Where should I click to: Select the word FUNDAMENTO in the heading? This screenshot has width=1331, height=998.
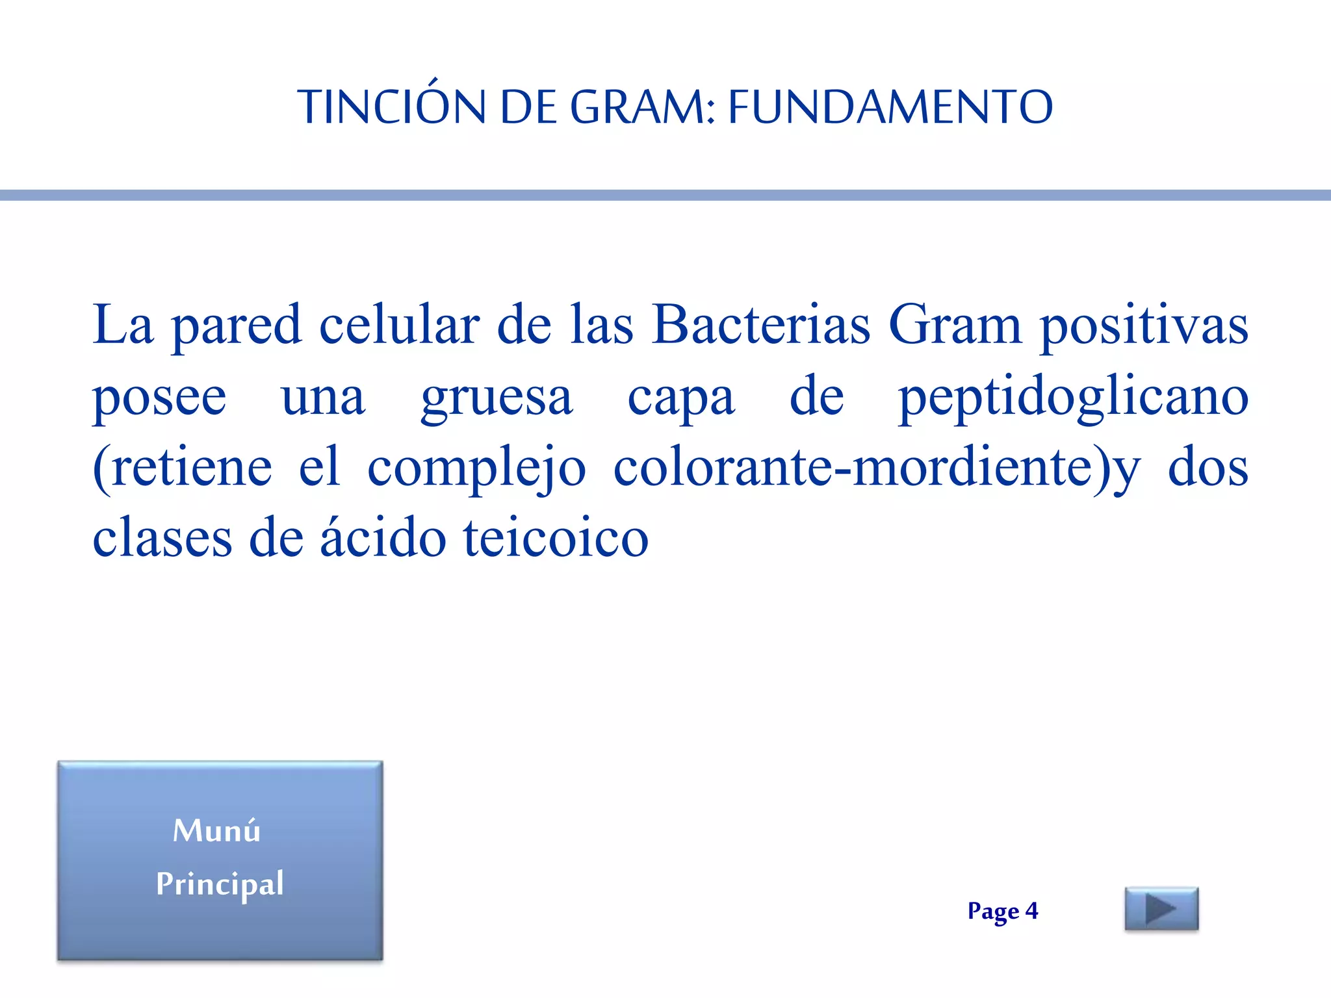click(x=890, y=107)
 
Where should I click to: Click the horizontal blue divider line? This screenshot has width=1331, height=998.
click(x=665, y=195)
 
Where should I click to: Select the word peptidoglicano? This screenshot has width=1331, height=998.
click(x=1072, y=398)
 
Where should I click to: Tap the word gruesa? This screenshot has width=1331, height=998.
click(x=497, y=398)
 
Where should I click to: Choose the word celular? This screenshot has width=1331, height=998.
click(x=400, y=325)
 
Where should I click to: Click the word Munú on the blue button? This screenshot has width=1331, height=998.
click(x=216, y=830)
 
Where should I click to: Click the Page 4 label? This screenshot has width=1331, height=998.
click(x=1002, y=911)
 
